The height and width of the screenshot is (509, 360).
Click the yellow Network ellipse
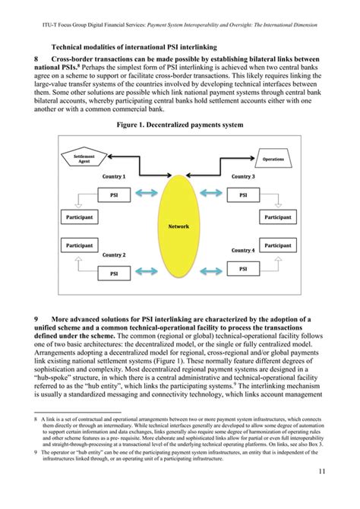pos(180,226)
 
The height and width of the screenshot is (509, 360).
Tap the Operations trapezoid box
pos(273,160)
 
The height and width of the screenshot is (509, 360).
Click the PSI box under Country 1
pos(115,195)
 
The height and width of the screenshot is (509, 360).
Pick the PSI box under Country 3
pos(243,195)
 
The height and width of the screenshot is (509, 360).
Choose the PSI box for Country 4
pos(243,269)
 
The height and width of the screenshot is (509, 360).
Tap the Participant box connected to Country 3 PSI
pos(277,217)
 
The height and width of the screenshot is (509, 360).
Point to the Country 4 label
pos(243,250)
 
